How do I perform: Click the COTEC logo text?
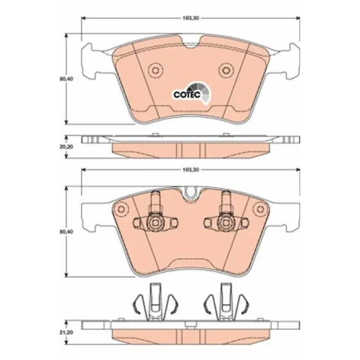tap(187, 94)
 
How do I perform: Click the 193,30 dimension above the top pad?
tap(190, 18)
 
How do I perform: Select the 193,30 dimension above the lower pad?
tap(190, 170)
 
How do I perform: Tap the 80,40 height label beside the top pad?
tap(66, 78)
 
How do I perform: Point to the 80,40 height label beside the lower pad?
tap(66, 232)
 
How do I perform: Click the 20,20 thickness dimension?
tap(66, 147)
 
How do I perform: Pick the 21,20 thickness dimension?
tap(66, 332)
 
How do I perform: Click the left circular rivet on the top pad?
tap(156, 70)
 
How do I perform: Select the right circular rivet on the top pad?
tap(226, 70)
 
